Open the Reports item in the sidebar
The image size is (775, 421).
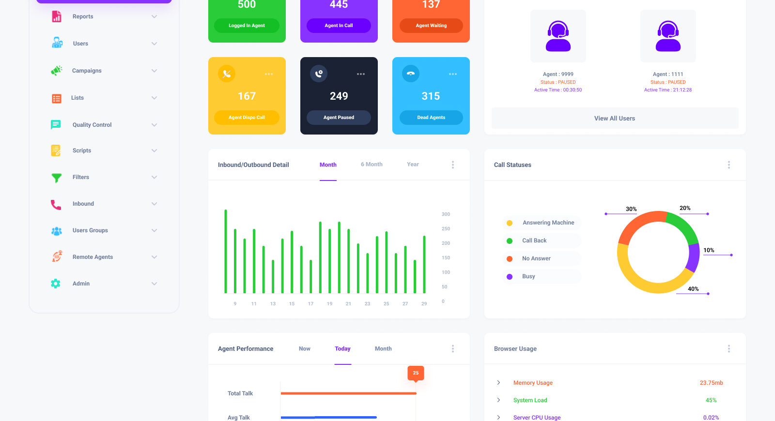(83, 16)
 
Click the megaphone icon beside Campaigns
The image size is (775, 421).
(56, 71)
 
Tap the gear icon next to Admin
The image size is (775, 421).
(56, 284)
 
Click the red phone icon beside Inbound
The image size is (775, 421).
(56, 204)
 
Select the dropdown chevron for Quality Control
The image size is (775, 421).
(154, 125)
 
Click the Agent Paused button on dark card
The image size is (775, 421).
(339, 118)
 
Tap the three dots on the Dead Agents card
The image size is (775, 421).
(453, 74)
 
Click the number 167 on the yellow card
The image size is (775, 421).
(247, 96)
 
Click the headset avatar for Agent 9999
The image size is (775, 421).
(558, 36)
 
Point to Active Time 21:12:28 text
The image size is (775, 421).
(667, 90)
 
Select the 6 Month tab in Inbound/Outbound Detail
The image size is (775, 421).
(372, 165)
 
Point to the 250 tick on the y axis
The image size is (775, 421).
(446, 229)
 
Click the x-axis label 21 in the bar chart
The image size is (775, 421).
(348, 304)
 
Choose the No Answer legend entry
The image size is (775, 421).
(536, 258)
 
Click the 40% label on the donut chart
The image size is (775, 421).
(693, 289)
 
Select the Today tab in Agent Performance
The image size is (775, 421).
(342, 349)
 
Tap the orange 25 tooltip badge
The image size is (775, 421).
(416, 373)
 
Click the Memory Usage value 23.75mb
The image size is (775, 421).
(711, 383)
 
